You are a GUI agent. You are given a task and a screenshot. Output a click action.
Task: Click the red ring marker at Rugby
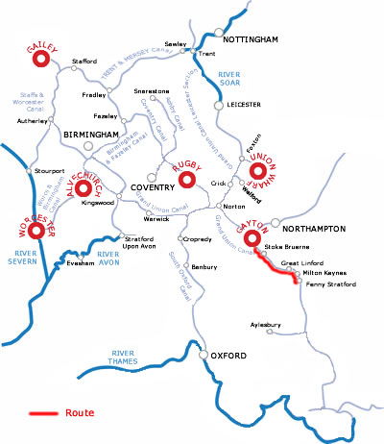click(188, 181)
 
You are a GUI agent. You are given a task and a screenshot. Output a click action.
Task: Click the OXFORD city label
click(228, 357)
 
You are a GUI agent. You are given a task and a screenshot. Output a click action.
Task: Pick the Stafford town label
click(85, 62)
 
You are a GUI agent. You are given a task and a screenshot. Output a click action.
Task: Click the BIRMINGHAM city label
click(91, 136)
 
